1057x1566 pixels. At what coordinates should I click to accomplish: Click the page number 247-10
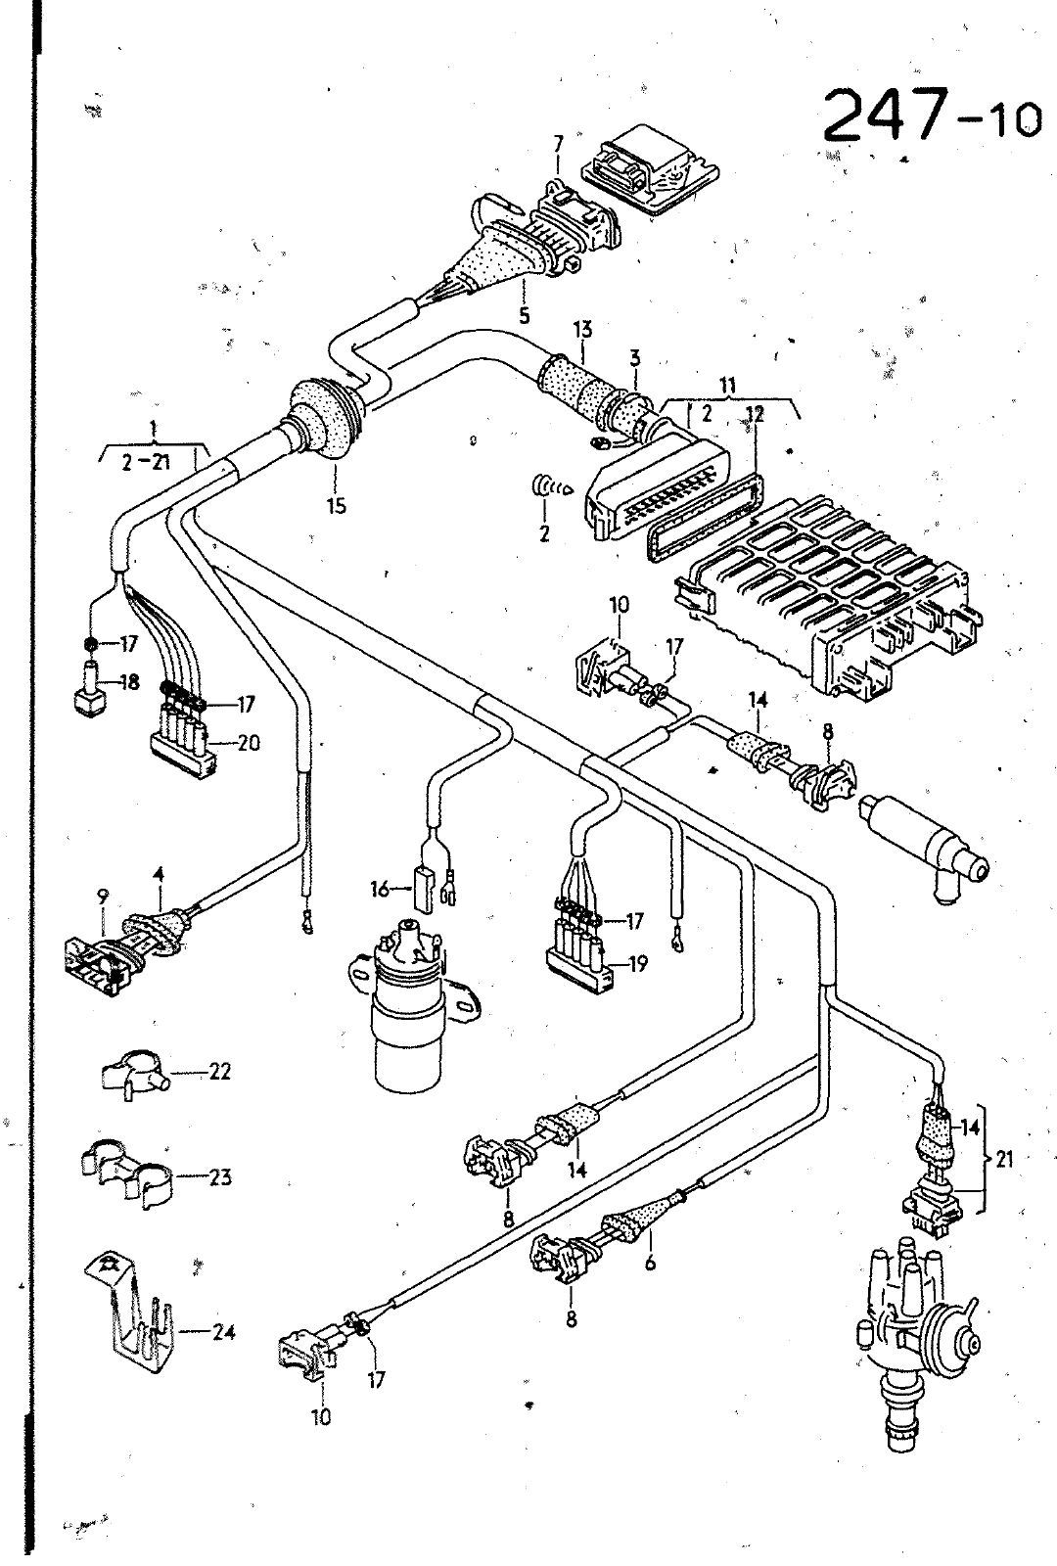[x=931, y=115]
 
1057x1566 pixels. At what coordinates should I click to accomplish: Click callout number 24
[x=222, y=1333]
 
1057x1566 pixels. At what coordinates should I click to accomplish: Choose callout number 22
[x=219, y=1072]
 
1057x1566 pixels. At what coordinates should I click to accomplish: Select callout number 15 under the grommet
[x=337, y=506]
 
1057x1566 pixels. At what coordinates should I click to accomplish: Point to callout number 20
[x=247, y=742]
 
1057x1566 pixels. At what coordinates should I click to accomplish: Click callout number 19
[x=636, y=965]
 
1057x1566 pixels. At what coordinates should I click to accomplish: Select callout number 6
[x=650, y=1264]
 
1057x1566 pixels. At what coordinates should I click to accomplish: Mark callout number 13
[x=582, y=329]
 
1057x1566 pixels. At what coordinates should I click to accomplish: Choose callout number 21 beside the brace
[x=1004, y=1160]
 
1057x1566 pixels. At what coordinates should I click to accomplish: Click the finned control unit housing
[x=828, y=594]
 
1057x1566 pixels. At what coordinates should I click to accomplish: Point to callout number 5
[x=525, y=316]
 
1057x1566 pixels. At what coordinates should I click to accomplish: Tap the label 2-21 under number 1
[x=146, y=462]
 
